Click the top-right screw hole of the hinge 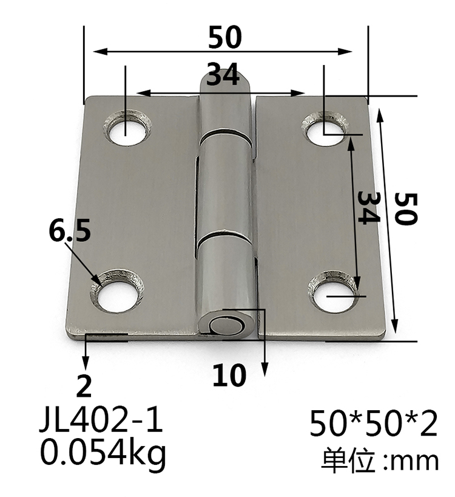coord(325,130)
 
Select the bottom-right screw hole coord(333,292)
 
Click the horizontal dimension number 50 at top coord(225,38)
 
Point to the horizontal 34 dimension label coord(222,77)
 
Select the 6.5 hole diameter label coord(70,231)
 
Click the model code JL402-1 coord(101,421)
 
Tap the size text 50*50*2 coord(373,424)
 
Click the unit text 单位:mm coord(380,461)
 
